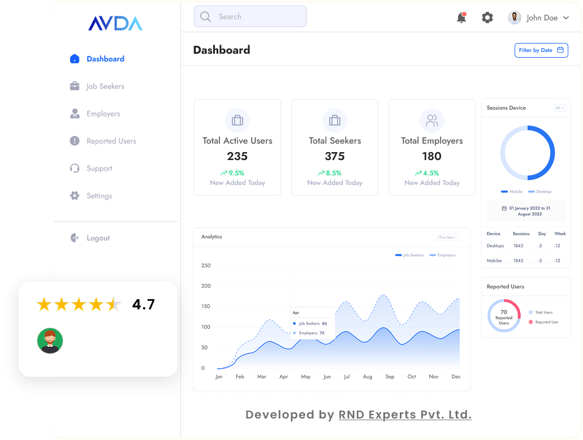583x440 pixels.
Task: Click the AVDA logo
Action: click(115, 23)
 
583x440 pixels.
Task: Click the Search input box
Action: click(250, 17)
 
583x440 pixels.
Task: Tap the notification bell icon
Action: click(461, 18)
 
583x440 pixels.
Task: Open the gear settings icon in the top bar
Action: click(487, 18)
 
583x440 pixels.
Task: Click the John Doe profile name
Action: click(542, 18)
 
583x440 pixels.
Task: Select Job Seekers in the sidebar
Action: click(105, 87)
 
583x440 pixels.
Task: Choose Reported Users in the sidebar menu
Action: click(111, 141)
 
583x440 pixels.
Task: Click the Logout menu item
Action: click(98, 238)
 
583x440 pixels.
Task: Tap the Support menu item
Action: click(99, 169)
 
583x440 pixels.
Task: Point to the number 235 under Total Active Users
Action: click(237, 156)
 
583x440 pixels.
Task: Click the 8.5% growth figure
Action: click(333, 173)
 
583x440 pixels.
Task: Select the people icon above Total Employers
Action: click(432, 120)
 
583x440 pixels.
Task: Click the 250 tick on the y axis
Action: click(206, 266)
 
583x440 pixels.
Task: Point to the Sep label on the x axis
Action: click(390, 377)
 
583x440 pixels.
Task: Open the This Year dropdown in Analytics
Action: click(448, 238)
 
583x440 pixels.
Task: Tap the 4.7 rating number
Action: click(144, 305)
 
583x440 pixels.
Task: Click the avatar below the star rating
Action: click(50, 340)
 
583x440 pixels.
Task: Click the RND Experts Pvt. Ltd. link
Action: click(405, 415)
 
